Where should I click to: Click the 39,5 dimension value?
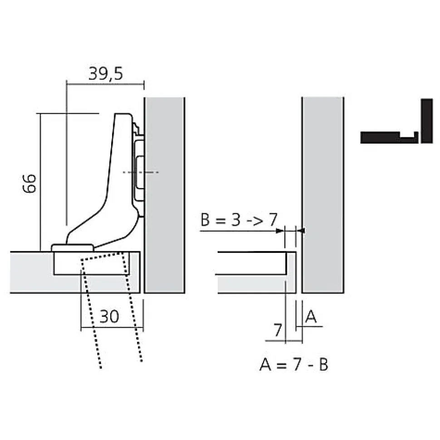(x=105, y=73)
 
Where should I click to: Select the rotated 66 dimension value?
(x=29, y=183)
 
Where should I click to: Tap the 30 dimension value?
(x=109, y=317)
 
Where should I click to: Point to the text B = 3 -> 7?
(x=239, y=220)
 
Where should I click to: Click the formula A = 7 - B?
(x=293, y=364)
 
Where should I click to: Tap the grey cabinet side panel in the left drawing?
(x=164, y=195)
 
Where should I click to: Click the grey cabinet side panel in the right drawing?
(x=323, y=195)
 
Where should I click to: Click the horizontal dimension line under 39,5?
(x=105, y=83)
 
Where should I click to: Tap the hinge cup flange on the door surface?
(x=73, y=247)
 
